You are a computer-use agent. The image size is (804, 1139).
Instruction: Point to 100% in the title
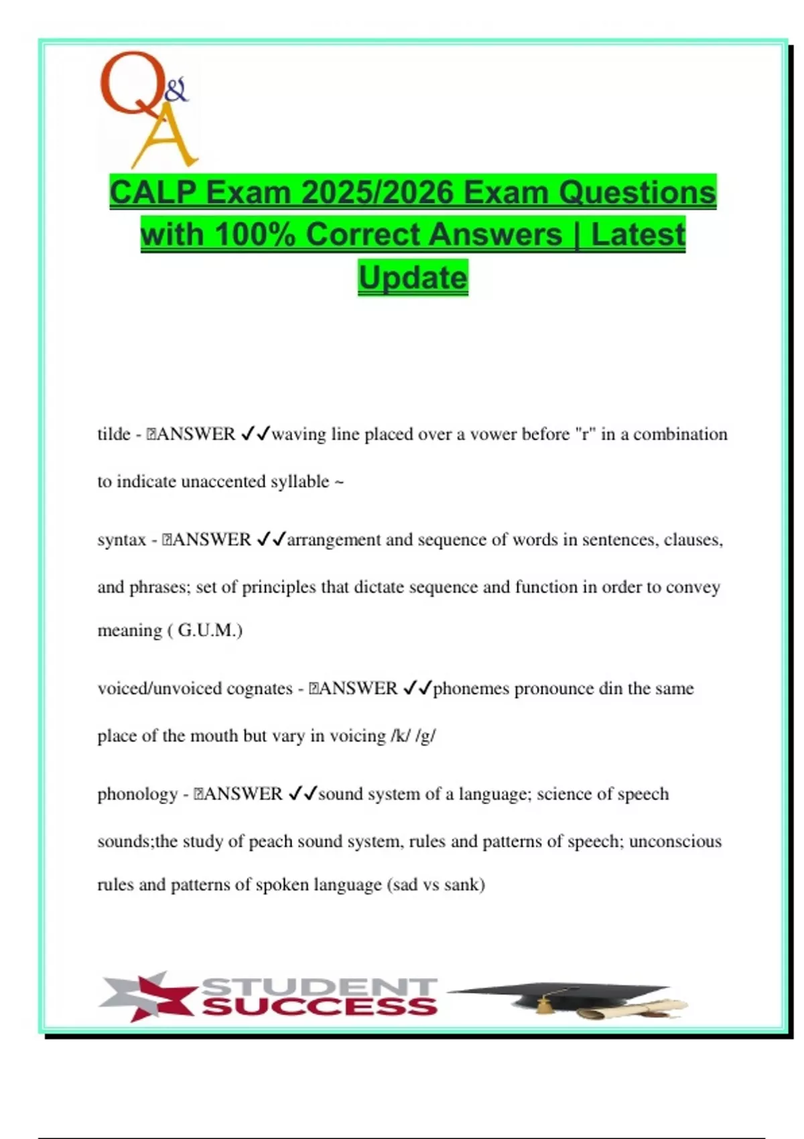(255, 235)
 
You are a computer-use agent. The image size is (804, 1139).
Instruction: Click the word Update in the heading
(413, 277)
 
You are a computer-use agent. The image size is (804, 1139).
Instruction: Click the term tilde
(114, 434)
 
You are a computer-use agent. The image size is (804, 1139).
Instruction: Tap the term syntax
(121, 540)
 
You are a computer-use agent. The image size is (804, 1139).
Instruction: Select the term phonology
(137, 794)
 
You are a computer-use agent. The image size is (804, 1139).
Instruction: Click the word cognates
(259, 689)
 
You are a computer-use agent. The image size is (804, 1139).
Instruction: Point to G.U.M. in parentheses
(209, 630)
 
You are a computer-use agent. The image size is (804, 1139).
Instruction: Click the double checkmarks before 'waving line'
(255, 434)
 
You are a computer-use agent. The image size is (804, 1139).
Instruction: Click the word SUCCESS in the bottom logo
(319, 1006)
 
